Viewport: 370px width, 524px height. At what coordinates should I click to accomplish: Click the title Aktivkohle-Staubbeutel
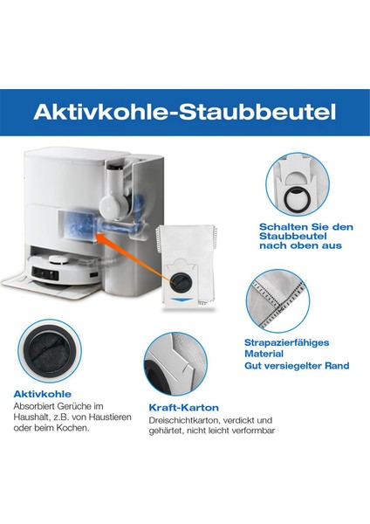185,113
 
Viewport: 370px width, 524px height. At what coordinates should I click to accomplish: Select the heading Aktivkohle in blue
39,393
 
